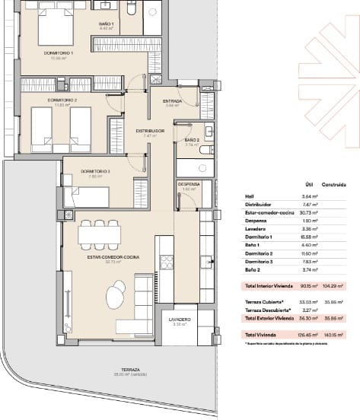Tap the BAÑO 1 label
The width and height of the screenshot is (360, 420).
pyautogui.click(x=106, y=24)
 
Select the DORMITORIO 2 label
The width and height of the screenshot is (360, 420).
pyautogui.click(x=41, y=100)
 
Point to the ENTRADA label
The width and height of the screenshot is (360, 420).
pyautogui.click(x=172, y=100)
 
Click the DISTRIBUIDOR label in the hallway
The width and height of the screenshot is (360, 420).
pyautogui.click(x=150, y=131)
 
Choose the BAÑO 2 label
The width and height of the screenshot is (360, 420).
pyautogui.click(x=191, y=140)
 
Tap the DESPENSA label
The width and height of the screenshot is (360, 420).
pyautogui.click(x=189, y=184)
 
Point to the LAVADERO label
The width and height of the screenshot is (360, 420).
pyautogui.click(x=180, y=320)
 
